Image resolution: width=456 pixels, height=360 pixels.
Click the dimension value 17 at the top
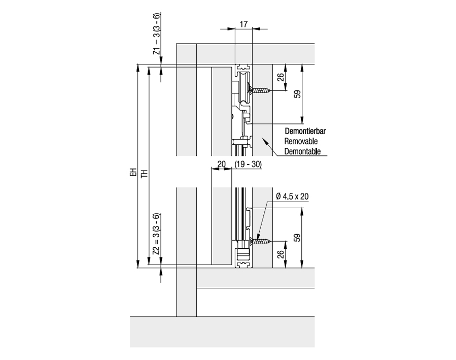[243, 23]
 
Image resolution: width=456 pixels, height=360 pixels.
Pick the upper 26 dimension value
[280, 77]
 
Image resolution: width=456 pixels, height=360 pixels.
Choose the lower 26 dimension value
[280, 254]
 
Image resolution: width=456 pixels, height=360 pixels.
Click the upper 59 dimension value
[297, 93]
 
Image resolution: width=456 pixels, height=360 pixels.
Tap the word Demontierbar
[305, 131]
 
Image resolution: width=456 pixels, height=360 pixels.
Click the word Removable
[301, 141]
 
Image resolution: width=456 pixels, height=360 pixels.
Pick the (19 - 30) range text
[249, 164]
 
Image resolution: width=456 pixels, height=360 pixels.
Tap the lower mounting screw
[261, 241]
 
